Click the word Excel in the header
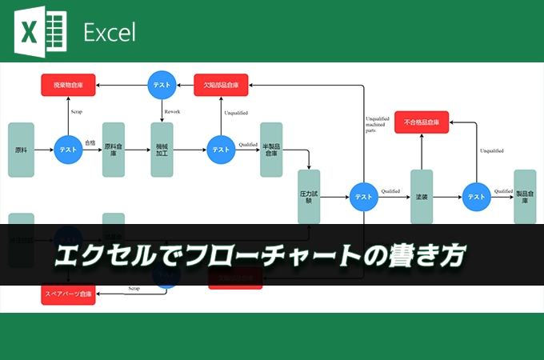110,32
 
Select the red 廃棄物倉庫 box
68,84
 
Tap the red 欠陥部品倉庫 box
221,84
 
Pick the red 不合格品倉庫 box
422,122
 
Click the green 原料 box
21,150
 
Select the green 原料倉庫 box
114,150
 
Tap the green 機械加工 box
162,150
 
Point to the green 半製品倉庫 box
271,150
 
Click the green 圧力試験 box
309,196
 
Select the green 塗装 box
422,196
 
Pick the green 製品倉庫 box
525,196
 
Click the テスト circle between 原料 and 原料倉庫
68,150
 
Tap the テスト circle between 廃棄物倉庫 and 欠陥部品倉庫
162,84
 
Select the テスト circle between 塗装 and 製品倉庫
476,196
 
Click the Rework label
172,111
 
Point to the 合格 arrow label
90,143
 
